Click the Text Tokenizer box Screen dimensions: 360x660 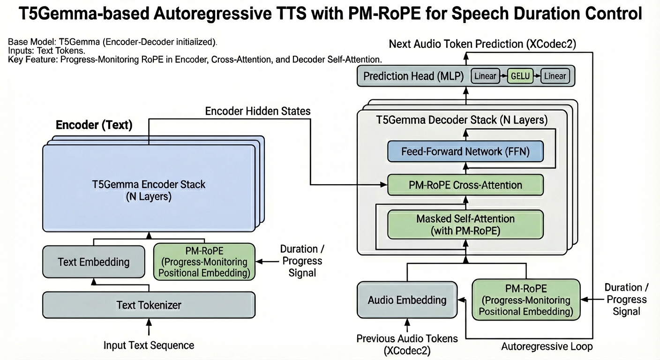coord(149,305)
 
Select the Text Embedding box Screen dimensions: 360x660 coord(94,262)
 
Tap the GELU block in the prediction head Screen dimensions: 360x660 coord(520,76)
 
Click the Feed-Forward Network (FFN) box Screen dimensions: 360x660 coord(465,152)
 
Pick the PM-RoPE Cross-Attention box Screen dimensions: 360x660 coord(465,185)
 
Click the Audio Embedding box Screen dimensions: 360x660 coord(407,300)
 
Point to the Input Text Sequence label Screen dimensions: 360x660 coord(149,345)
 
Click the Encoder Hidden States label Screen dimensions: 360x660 coord(258,111)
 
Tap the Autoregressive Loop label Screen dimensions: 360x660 coord(547,346)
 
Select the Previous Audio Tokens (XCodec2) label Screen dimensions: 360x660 coord(407,344)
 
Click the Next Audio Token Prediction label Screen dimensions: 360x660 coord(483,44)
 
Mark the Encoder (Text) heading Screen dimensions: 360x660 coord(94,125)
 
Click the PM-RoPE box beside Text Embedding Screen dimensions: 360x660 coord(204,262)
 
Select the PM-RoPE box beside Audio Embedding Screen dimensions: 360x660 coord(526,300)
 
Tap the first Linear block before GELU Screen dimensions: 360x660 coord(485,76)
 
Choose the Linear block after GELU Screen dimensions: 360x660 coord(555,76)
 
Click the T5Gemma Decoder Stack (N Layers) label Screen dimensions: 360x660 coord(462,120)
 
